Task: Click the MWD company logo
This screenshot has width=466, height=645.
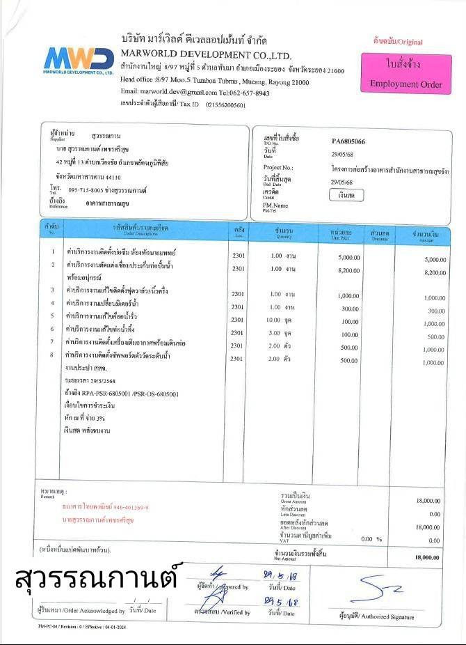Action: click(x=78, y=60)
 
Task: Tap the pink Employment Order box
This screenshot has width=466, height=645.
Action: click(x=405, y=74)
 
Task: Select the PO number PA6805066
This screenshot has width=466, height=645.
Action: click(x=348, y=141)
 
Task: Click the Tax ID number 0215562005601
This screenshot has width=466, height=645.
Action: click(x=225, y=104)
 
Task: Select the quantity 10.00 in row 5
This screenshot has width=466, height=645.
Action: click(x=273, y=320)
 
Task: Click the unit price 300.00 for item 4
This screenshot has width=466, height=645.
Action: click(x=350, y=308)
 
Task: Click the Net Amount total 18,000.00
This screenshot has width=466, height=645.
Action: click(x=427, y=557)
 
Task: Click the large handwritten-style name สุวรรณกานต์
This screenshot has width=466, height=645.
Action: click(x=96, y=578)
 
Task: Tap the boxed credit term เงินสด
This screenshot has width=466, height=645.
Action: click(x=346, y=196)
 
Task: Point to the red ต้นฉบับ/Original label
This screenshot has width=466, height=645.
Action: click(x=398, y=42)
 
